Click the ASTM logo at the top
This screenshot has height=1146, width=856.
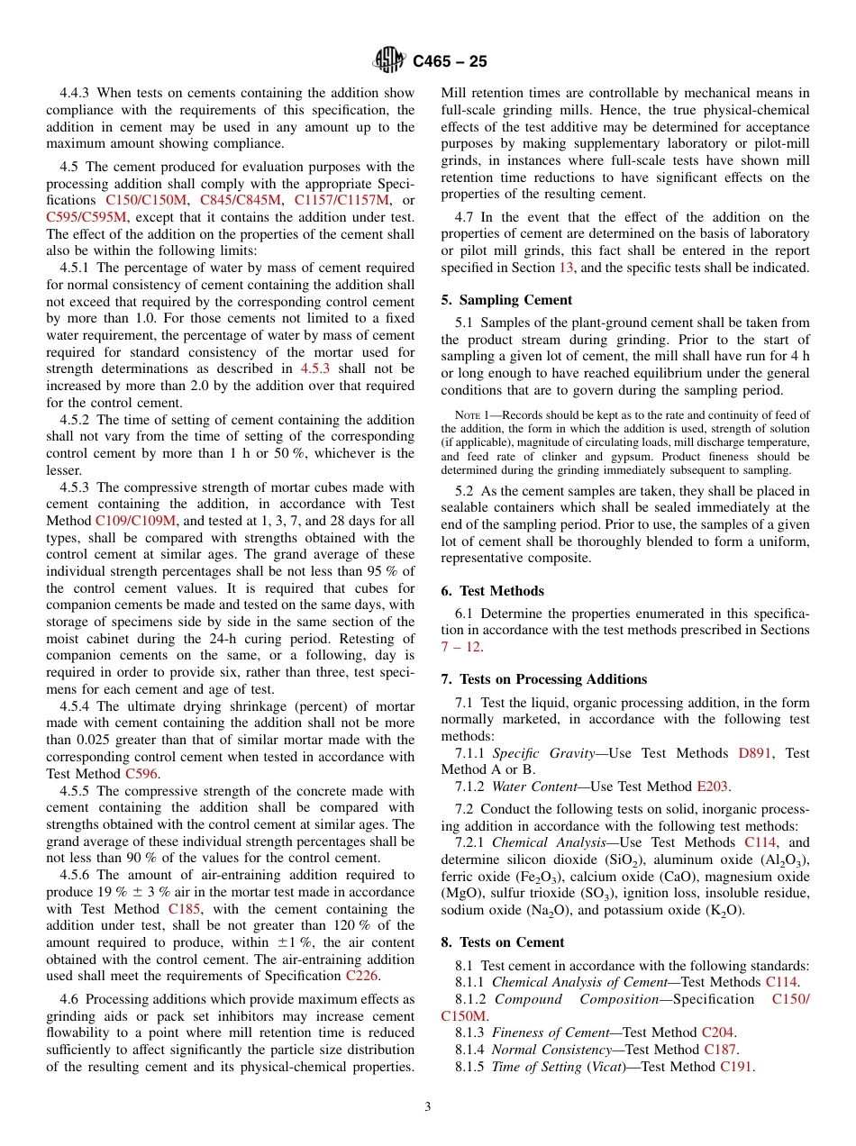click(389, 60)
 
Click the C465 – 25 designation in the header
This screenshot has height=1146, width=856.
click(450, 61)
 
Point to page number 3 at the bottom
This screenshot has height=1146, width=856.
click(428, 1106)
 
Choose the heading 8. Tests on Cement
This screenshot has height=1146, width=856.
click(503, 942)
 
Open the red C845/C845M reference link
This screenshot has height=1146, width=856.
click(240, 200)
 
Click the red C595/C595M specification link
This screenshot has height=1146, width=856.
click(87, 217)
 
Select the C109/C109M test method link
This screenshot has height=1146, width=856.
click(136, 521)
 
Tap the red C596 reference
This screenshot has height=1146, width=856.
click(142, 774)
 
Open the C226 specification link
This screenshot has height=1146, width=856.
click(361, 976)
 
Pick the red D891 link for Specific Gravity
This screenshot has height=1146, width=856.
click(754, 753)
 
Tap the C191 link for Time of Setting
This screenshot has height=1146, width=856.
click(737, 1067)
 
